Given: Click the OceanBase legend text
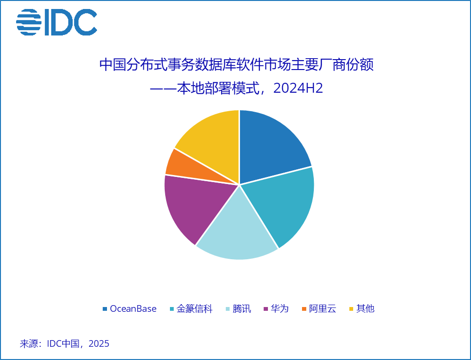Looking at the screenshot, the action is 133,308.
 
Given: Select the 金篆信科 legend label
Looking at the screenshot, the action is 195,308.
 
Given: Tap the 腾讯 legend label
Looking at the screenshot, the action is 242,308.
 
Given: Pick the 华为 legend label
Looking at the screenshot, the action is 280,308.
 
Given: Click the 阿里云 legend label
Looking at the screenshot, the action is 323,308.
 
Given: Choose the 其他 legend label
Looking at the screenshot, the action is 365,308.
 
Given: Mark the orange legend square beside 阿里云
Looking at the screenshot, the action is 304,309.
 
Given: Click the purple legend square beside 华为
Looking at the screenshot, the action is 266,309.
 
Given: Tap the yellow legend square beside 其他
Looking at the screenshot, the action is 351,309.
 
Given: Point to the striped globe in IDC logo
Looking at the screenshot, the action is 29,22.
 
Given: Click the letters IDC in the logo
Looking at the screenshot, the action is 71,22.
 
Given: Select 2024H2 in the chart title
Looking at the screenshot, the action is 298,88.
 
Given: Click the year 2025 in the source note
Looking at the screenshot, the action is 99,343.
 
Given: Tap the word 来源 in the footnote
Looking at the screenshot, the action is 29,343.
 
